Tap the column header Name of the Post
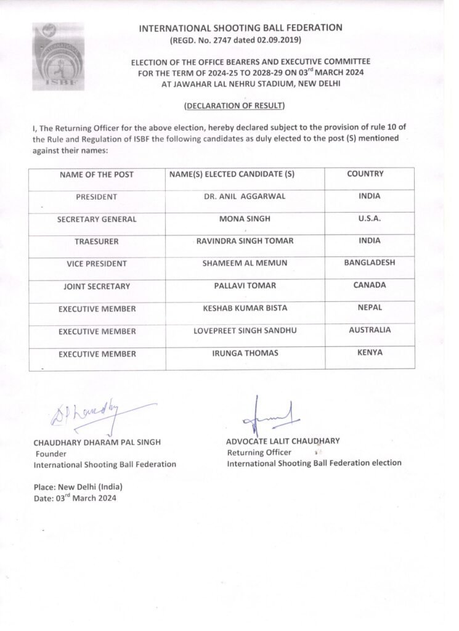pyautogui.click(x=97, y=174)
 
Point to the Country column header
pyautogui.click(x=365, y=174)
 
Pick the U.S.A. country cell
pyautogui.click(x=370, y=218)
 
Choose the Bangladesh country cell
pyautogui.click(x=370, y=263)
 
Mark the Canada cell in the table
pyautogui.click(x=370, y=285)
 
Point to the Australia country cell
pyautogui.click(x=370, y=330)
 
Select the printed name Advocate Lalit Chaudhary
pyautogui.click(x=283, y=441)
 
